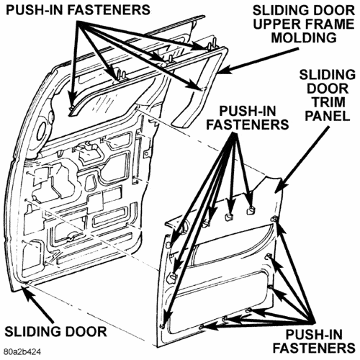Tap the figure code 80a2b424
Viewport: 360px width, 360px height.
click(x=22, y=352)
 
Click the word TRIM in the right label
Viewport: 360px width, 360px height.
click(x=328, y=102)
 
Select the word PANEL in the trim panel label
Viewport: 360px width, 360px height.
click(x=328, y=116)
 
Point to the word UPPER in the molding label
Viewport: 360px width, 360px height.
click(x=276, y=24)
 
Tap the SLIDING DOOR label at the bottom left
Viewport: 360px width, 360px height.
click(x=55, y=332)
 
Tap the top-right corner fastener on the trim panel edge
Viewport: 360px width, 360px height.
click(x=274, y=219)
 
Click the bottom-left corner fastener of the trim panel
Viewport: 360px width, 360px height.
click(x=163, y=326)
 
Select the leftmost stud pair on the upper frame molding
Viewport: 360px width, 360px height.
click(x=121, y=75)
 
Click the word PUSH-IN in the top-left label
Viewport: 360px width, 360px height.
click(x=35, y=10)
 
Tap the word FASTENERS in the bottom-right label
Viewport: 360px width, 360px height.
click(x=314, y=348)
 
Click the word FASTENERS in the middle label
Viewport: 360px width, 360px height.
click(x=248, y=125)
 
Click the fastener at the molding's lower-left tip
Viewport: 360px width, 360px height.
click(x=71, y=109)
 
